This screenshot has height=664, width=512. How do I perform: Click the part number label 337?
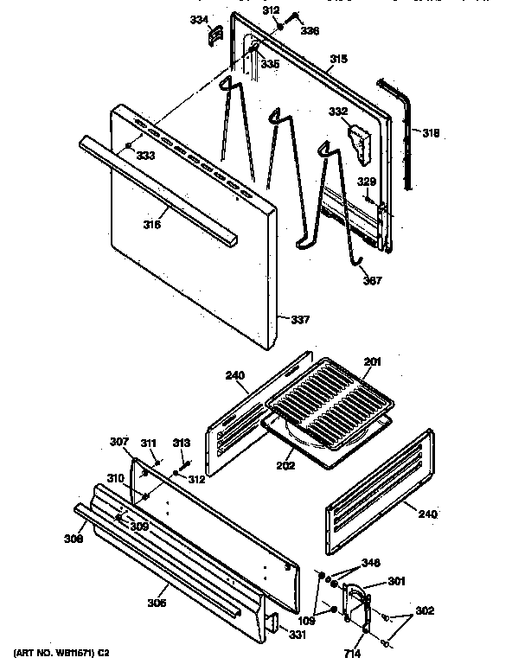click(299, 321)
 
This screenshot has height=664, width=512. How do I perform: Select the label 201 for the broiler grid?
click(372, 361)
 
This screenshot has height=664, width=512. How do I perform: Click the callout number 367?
click(372, 280)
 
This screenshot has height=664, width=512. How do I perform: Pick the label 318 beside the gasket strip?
click(431, 133)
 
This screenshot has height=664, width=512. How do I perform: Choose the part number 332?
click(336, 112)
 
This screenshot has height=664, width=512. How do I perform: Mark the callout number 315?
click(338, 59)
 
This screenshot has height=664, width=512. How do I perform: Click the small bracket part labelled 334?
click(215, 34)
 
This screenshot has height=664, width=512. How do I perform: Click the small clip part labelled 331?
click(272, 622)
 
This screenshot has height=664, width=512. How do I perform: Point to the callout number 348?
click(370, 563)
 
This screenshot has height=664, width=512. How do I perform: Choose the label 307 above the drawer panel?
click(118, 442)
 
